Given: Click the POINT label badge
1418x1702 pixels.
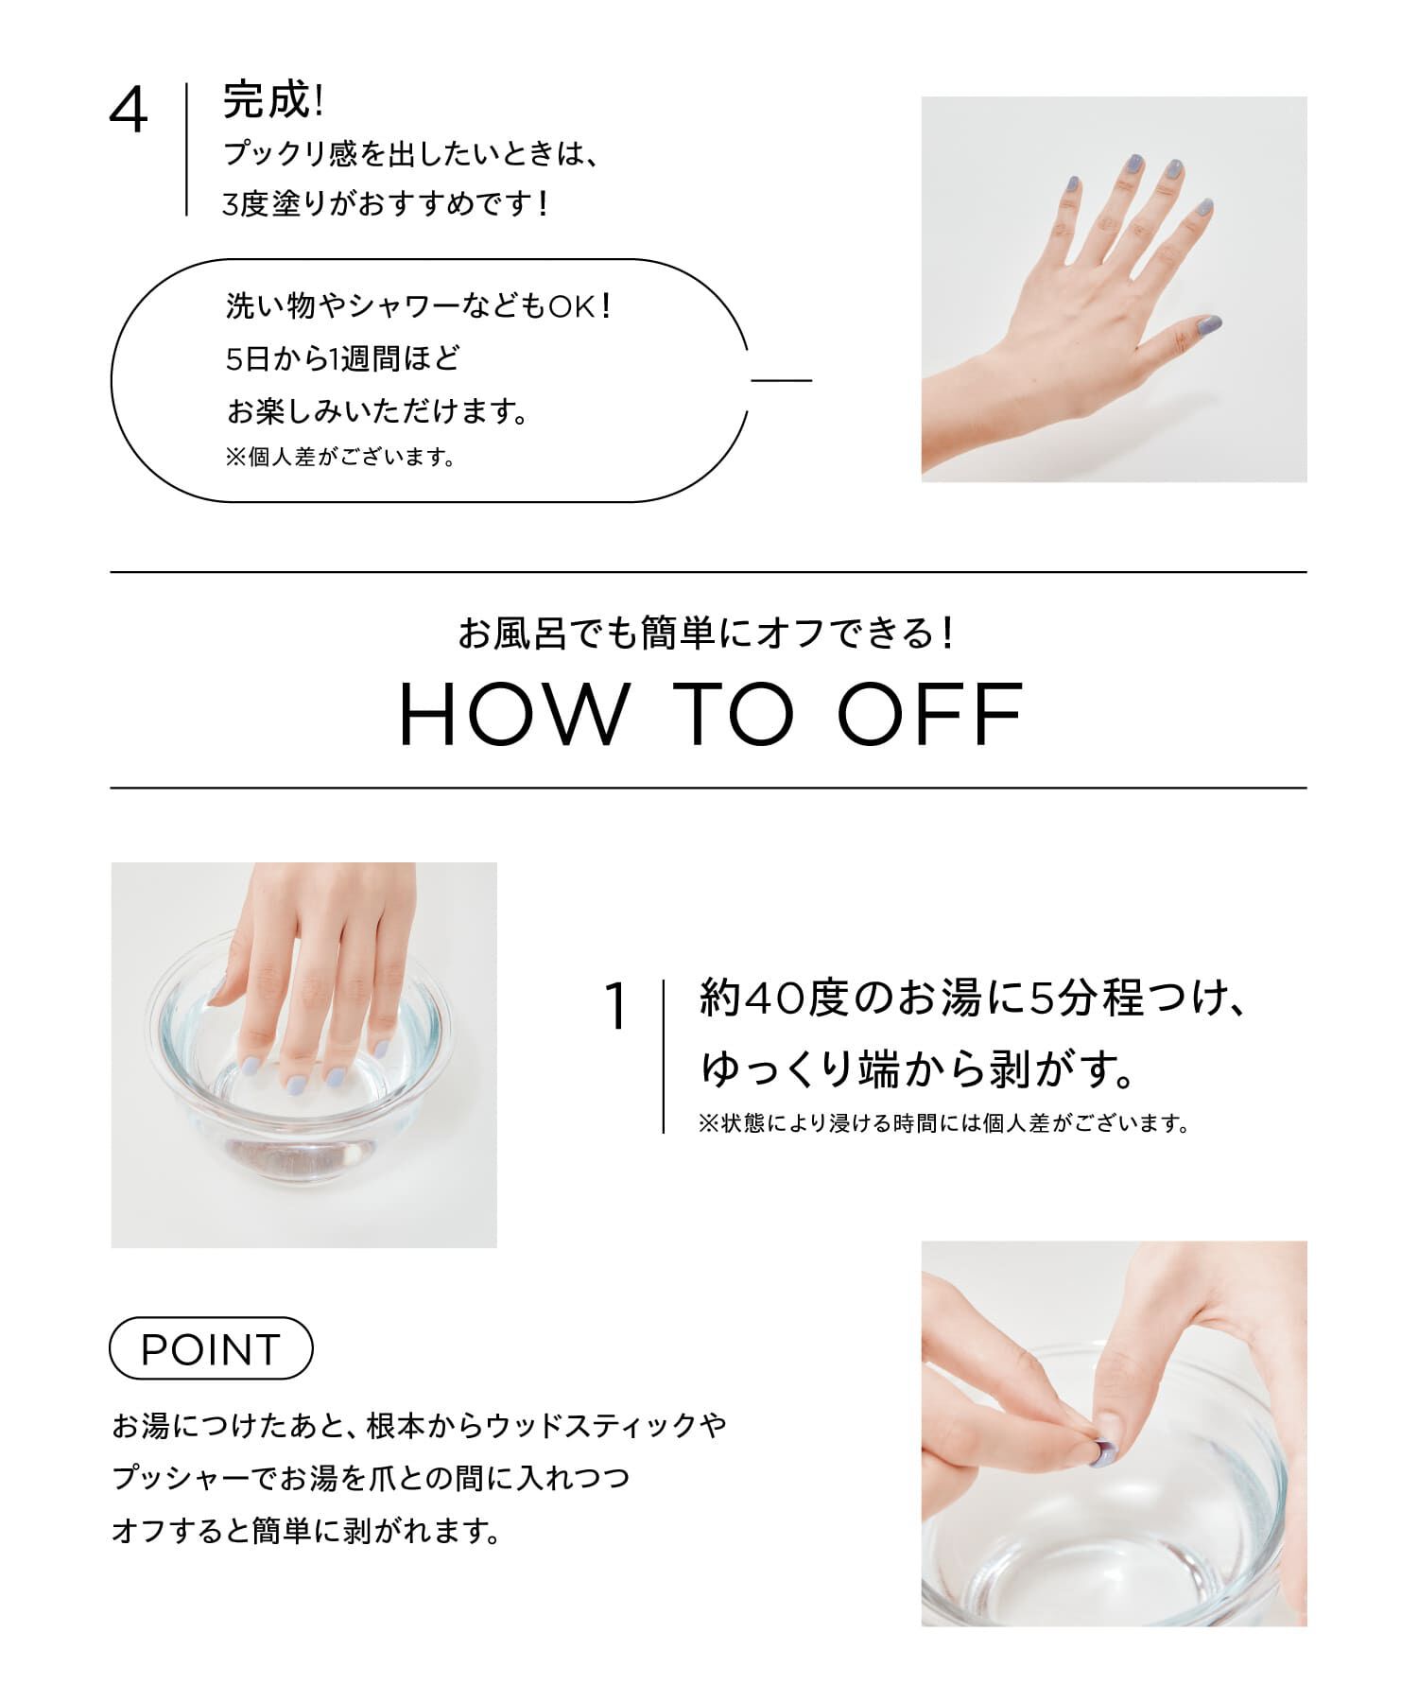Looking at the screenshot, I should pyautogui.click(x=211, y=1348).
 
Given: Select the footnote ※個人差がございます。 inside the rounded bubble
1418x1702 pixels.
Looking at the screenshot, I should pyautogui.click(x=340, y=458).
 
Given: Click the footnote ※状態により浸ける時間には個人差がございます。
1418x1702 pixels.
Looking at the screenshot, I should pyautogui.click(x=942, y=1124).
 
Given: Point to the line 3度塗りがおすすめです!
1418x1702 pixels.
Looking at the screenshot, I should pyautogui.click(x=386, y=203).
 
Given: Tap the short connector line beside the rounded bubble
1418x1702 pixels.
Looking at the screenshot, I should pyautogui.click(x=782, y=380).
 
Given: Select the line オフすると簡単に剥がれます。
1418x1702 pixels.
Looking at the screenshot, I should pyautogui.click(x=306, y=1530).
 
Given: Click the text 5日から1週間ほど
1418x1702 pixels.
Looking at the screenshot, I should pyautogui.click(x=342, y=359).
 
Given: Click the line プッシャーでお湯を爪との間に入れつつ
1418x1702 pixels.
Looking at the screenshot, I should pyautogui.click(x=371, y=1477).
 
